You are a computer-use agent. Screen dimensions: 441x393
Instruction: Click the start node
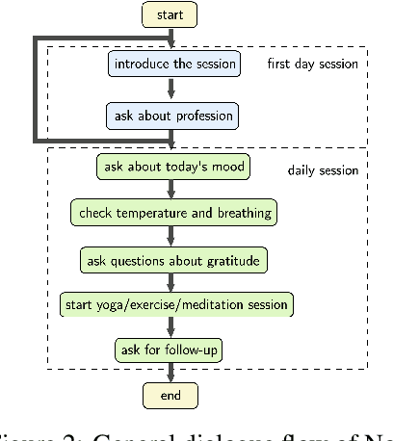click(170, 15)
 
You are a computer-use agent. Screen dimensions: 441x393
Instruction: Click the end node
click(170, 395)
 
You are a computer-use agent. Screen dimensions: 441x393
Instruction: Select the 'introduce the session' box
click(171, 65)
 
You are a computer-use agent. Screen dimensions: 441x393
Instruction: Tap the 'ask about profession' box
click(170, 117)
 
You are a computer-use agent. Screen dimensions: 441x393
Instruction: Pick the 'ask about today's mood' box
click(171, 167)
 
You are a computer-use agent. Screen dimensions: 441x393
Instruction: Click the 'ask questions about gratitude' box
click(171, 259)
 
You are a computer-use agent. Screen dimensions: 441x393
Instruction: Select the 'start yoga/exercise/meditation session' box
click(174, 305)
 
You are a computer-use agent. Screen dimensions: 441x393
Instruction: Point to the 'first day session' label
click(313, 65)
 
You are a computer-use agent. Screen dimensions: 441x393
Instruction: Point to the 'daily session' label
click(323, 170)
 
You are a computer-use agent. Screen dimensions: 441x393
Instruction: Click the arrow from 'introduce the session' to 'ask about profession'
click(171, 90)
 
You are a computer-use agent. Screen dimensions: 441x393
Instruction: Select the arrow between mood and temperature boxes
click(171, 190)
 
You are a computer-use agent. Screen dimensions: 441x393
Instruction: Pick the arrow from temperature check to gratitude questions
click(171, 236)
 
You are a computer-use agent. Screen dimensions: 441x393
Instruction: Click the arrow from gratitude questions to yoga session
click(171, 282)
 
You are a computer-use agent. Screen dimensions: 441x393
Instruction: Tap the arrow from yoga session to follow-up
click(171, 327)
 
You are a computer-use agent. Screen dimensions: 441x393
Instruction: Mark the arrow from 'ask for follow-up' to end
click(171, 373)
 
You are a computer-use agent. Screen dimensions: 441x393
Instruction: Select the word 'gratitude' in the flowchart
click(232, 259)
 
